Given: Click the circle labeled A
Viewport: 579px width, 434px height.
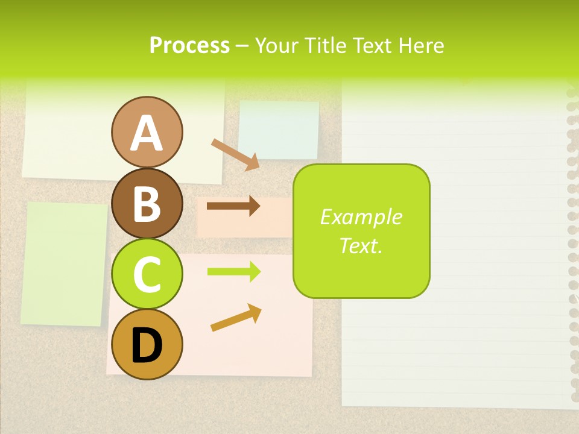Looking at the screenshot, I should pyautogui.click(x=147, y=132).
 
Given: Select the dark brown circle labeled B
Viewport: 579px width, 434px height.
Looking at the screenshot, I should pyautogui.click(x=147, y=203).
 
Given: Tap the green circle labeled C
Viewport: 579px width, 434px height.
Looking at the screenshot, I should pyautogui.click(x=147, y=274).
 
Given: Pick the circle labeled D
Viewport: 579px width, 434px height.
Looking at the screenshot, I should pyautogui.click(x=147, y=344).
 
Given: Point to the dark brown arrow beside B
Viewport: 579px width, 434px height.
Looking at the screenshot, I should pyautogui.click(x=233, y=206).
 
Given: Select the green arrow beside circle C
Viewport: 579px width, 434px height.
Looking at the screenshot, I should pyautogui.click(x=233, y=272).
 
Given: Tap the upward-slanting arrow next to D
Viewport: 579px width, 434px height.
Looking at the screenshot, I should pyautogui.click(x=236, y=318).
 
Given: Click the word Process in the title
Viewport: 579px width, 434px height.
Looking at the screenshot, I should pyautogui.click(x=189, y=45).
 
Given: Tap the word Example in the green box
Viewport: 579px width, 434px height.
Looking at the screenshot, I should pyautogui.click(x=361, y=217).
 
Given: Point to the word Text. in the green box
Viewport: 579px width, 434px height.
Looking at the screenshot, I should pyautogui.click(x=361, y=245).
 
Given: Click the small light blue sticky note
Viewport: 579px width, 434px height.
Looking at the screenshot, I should pyautogui.click(x=279, y=130).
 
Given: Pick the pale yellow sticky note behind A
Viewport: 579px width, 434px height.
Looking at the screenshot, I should pyautogui.click(x=66, y=139).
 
